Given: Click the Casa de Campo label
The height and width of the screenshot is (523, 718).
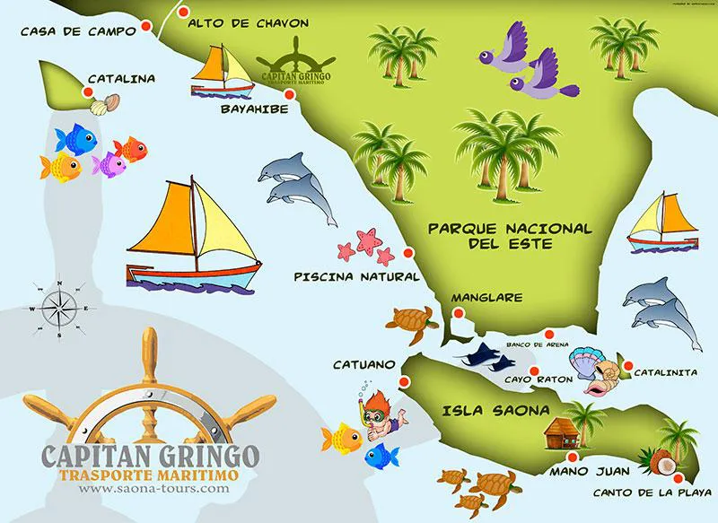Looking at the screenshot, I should point(76,32).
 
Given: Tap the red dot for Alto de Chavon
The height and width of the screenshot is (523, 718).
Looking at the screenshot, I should point(184,13).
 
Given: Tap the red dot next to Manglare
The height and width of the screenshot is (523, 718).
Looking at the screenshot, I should point(458,314).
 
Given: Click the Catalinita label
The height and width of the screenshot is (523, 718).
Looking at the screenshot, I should point(666,370).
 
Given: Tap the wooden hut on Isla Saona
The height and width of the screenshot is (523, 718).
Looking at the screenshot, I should point(563,431).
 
